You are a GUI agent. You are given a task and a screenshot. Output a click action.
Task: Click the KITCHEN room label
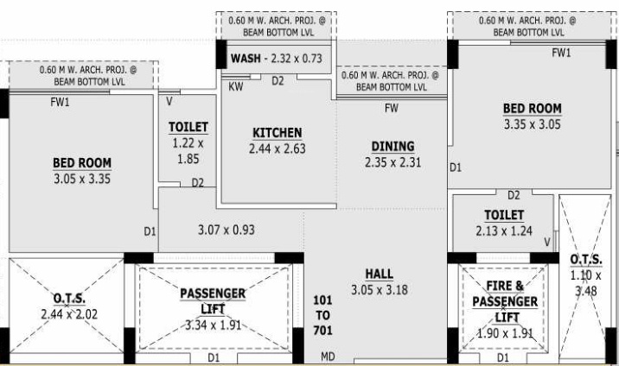tap(277, 132)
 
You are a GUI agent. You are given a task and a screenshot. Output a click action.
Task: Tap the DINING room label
tap(392, 146)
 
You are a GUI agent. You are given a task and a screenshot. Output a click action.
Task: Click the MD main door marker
tap(328, 357)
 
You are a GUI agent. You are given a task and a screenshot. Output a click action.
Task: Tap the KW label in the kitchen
tap(235, 86)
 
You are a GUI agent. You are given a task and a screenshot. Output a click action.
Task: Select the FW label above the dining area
tap(392, 108)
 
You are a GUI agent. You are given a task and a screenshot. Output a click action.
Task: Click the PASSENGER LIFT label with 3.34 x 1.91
tap(213, 301)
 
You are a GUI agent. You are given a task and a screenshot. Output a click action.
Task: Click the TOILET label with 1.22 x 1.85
tap(188, 127)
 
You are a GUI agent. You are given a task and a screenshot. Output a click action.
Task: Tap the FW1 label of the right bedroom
tap(562, 53)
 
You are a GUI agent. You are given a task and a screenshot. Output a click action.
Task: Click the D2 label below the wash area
tap(278, 81)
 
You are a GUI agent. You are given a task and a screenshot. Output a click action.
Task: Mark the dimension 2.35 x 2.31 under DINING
tap(392, 161)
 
